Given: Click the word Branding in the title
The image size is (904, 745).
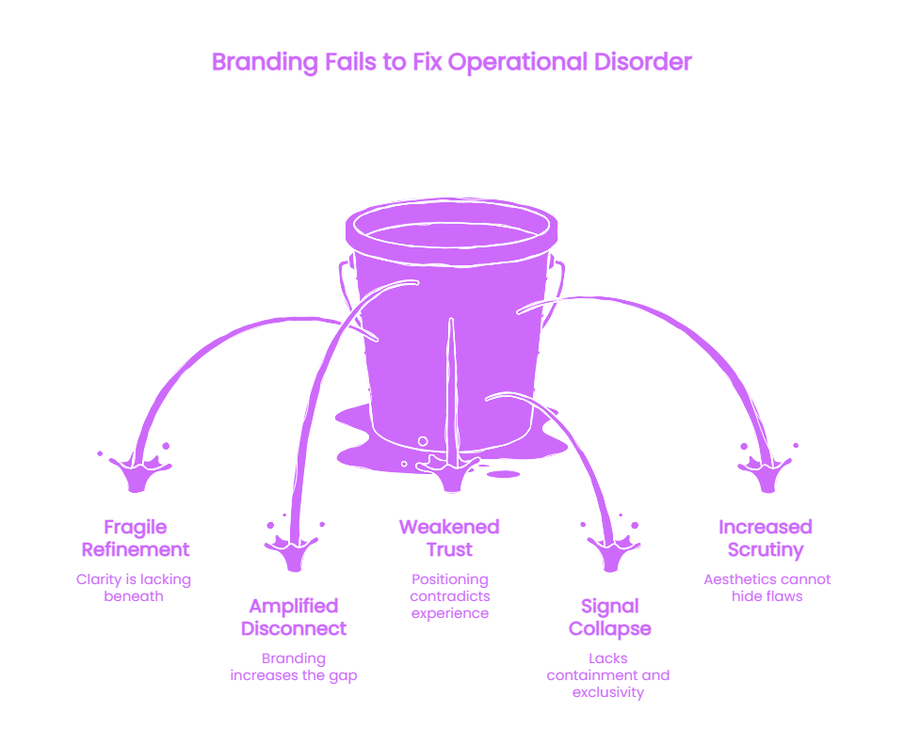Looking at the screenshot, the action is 265,62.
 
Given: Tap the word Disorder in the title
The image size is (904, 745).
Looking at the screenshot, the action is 643,61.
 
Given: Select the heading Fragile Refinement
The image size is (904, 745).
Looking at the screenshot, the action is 136,538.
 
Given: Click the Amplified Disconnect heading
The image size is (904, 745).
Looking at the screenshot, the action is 294,617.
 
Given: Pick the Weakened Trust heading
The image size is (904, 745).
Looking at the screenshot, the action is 450,538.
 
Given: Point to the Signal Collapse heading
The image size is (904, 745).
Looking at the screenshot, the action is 609,618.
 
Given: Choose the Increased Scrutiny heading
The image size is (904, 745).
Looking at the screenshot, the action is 766,539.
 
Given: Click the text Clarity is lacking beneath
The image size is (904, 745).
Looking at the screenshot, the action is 134,588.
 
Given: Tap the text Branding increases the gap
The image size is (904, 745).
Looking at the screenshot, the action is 294,667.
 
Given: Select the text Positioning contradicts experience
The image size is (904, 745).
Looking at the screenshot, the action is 450,596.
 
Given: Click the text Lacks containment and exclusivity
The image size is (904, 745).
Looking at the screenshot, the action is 608,675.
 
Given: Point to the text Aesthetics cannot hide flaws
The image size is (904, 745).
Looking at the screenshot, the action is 767,588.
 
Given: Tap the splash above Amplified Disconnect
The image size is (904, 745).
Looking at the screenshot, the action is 294,550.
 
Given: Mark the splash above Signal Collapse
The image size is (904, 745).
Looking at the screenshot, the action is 612,550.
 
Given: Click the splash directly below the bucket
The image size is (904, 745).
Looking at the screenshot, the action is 451,473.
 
